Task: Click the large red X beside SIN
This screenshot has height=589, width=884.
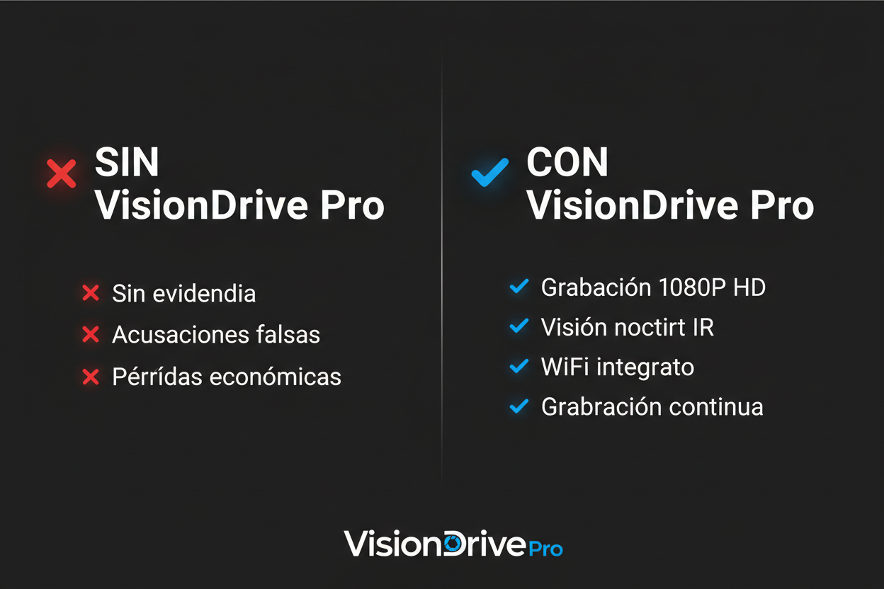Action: (x=62, y=173)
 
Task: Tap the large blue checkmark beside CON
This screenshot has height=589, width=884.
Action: (x=489, y=172)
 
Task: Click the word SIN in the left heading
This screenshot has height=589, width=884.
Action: (x=127, y=163)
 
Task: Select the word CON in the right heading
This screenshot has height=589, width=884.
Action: (x=567, y=163)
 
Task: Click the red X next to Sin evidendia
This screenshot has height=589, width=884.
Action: (x=91, y=293)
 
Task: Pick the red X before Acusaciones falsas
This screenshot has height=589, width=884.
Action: (x=91, y=334)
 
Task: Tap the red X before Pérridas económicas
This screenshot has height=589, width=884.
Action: (x=91, y=377)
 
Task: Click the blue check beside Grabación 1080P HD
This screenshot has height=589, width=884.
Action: (x=519, y=286)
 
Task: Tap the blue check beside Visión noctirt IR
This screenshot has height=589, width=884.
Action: (x=519, y=326)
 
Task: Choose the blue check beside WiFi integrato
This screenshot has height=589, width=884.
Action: (x=519, y=366)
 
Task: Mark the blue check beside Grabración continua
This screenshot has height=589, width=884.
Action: (x=519, y=406)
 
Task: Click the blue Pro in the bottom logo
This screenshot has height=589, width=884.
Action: (x=545, y=548)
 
